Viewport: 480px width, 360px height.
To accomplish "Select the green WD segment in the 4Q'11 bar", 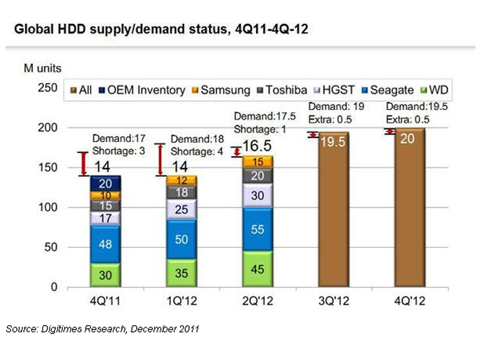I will [x=105, y=275].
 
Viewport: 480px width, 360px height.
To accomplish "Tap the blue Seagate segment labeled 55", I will [x=257, y=229].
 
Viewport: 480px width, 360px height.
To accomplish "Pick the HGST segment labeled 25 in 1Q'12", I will [x=182, y=210].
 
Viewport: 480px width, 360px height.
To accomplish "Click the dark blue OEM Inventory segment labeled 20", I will [x=105, y=183].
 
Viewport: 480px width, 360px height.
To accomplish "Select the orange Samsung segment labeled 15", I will [x=257, y=161].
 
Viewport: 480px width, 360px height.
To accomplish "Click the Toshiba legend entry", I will [x=284, y=90].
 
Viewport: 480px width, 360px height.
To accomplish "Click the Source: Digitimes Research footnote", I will [x=102, y=329].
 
